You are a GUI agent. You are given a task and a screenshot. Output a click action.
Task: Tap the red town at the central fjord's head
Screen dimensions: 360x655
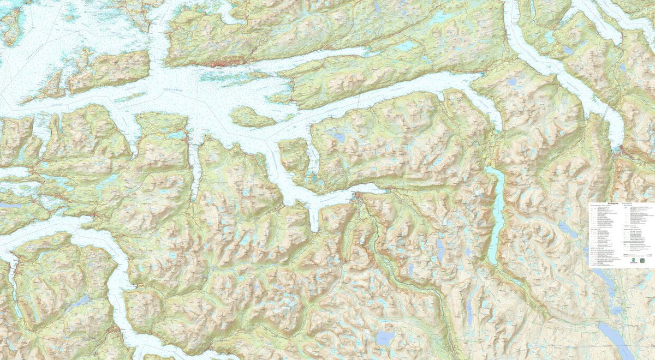(359, 196)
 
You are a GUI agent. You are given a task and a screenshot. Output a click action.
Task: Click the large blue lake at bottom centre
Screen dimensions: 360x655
(386, 338)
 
